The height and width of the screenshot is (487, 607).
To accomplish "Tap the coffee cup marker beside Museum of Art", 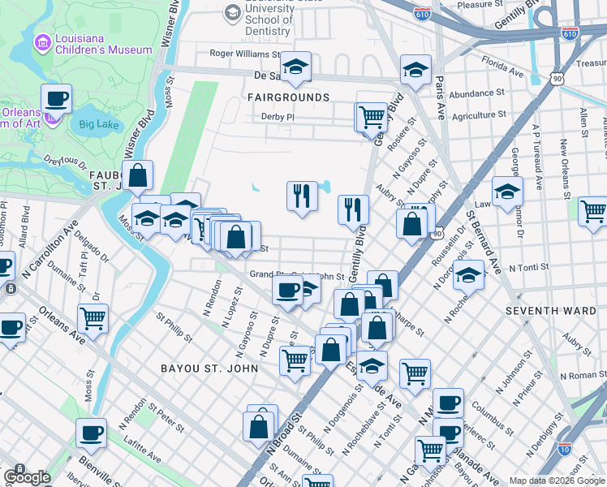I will [56, 100].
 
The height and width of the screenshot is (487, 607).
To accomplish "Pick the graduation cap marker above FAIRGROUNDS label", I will [295, 67].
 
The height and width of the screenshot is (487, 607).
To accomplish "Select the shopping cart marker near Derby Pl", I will [372, 116].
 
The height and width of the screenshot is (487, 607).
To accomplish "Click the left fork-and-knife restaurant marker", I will [301, 196].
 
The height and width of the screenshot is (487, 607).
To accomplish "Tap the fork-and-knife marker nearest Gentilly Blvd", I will [353, 210].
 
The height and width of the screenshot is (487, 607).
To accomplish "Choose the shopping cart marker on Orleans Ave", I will [93, 319].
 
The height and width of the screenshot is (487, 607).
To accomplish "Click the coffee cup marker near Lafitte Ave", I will [91, 433].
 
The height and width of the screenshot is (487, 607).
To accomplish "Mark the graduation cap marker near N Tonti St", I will [468, 275].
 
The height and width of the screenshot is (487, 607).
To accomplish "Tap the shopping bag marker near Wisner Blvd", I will [138, 175].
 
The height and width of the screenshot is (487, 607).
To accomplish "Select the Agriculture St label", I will [479, 116].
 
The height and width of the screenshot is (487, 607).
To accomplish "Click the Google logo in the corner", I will [27, 476].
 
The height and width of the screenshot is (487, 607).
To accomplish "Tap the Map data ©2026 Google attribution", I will [557, 481].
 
